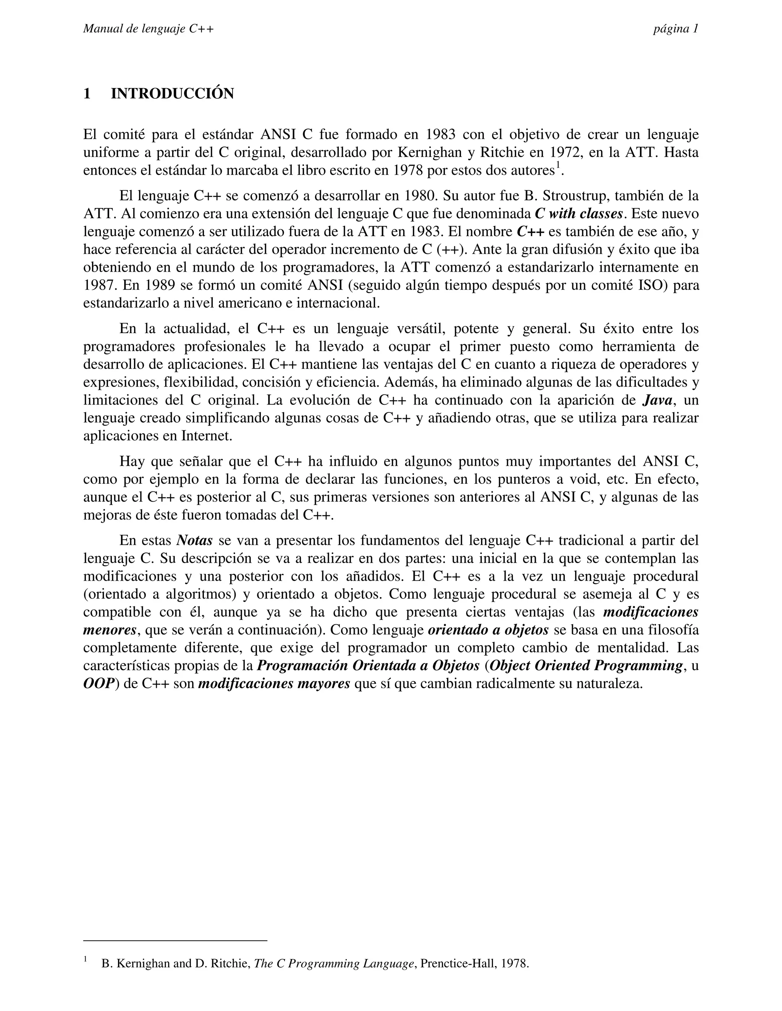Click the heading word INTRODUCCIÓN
(x=172, y=93)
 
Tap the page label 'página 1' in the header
(x=675, y=29)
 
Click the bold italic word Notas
(x=195, y=541)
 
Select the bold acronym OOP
(x=99, y=684)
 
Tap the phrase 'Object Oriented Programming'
(x=586, y=666)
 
